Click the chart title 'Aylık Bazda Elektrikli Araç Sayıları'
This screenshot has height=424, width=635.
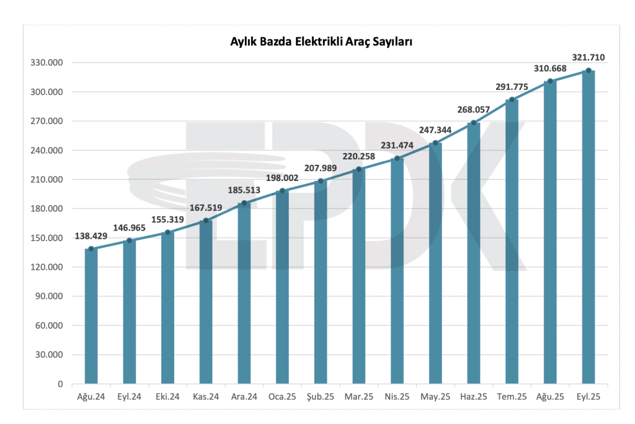coord(322,42)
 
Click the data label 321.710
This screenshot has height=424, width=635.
coord(588,58)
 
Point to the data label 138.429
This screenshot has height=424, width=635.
coord(91,236)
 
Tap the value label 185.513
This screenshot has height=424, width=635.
coord(244,190)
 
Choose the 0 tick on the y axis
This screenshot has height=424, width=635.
coord(60,384)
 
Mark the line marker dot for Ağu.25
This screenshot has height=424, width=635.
coord(550,81)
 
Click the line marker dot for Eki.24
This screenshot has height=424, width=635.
coord(167,232)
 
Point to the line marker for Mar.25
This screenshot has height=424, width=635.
coord(359,169)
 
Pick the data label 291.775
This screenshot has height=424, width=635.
coord(512,87)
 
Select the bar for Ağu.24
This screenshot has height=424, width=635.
coord(91,317)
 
